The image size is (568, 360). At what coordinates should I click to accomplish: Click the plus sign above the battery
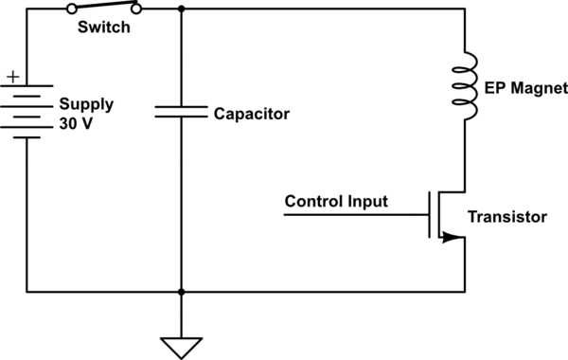click(12, 76)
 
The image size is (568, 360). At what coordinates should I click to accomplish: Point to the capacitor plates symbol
click(180, 113)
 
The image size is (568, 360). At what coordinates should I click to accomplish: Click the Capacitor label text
click(249, 114)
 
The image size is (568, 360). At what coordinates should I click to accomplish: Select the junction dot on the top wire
click(180, 9)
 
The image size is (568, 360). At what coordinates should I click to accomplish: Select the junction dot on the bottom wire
click(180, 292)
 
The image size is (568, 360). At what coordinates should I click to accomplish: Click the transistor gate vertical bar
click(430, 216)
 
